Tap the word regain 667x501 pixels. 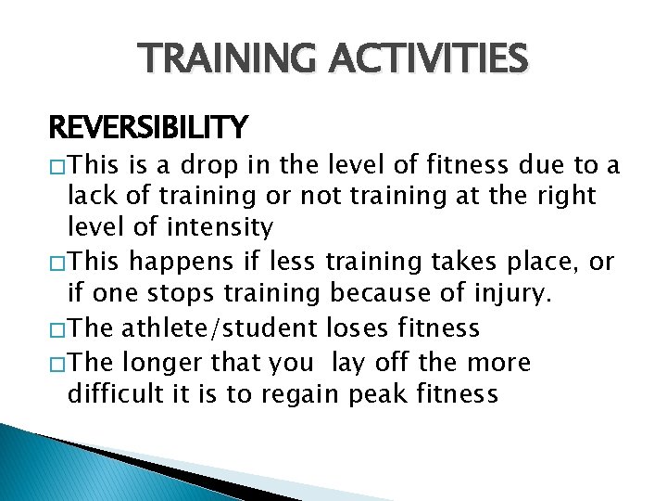coord(306,394)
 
